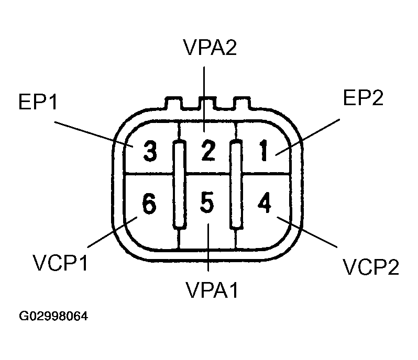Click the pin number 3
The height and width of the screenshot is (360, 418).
pyautogui.click(x=149, y=152)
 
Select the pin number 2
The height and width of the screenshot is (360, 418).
pyautogui.click(x=208, y=152)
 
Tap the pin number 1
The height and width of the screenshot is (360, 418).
pyautogui.click(x=265, y=152)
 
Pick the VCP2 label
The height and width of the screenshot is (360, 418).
pyautogui.click(x=371, y=266)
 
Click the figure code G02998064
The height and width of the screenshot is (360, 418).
pyautogui.click(x=53, y=317)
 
